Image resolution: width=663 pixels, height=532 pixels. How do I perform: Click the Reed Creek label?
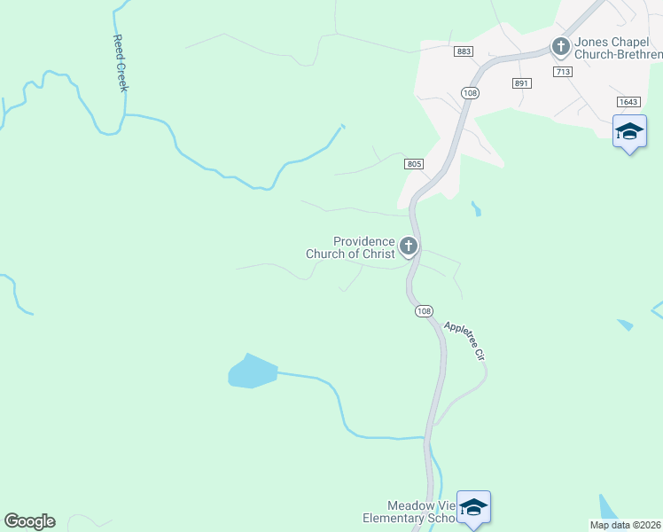tap(121, 63)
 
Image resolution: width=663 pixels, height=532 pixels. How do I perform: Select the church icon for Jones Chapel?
tap(560, 45)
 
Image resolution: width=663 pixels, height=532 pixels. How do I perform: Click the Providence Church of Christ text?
tap(351, 247)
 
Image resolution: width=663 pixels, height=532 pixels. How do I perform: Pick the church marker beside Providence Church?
tap(409, 246)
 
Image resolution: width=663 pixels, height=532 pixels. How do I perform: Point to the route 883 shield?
tap(464, 52)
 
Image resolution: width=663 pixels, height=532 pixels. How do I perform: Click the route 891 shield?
tap(520, 82)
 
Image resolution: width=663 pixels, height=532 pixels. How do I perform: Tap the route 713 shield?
tap(561, 71)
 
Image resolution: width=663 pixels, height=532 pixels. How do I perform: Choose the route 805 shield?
tap(415, 164)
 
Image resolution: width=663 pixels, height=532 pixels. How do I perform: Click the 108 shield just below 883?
tap(470, 92)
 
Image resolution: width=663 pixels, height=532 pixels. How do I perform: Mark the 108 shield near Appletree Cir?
tap(424, 310)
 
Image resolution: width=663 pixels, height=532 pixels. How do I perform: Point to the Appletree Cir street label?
tap(466, 340)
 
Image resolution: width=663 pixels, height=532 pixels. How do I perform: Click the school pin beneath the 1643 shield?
tap(629, 133)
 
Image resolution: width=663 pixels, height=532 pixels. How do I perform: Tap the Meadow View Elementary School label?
tap(409, 511)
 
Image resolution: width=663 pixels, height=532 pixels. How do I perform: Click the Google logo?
tap(29, 521)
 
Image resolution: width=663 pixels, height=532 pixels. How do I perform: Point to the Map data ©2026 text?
tap(624, 525)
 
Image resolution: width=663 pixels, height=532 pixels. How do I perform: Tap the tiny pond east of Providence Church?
tap(477, 209)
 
